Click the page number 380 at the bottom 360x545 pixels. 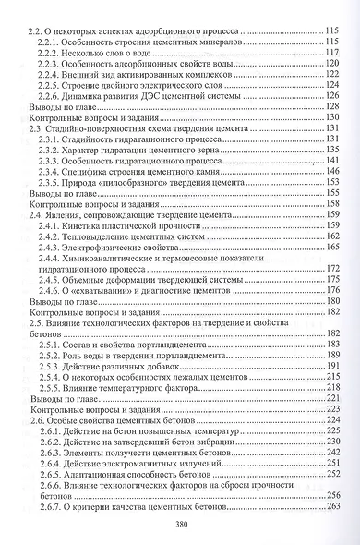coord(180,520)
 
